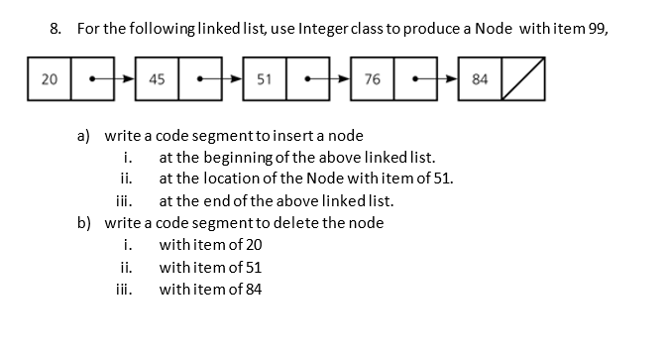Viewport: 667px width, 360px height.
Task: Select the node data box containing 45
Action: pyautogui.click(x=157, y=78)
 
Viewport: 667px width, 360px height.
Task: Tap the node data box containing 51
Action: pyautogui.click(x=265, y=78)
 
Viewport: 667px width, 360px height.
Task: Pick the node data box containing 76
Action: pyautogui.click(x=373, y=78)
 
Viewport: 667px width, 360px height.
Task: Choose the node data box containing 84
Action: pyautogui.click(x=480, y=78)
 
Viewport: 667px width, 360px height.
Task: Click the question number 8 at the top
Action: pyautogui.click(x=56, y=28)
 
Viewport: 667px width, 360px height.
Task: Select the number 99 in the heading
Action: pyautogui.click(x=594, y=28)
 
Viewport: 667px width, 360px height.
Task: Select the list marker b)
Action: pyautogui.click(x=87, y=222)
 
